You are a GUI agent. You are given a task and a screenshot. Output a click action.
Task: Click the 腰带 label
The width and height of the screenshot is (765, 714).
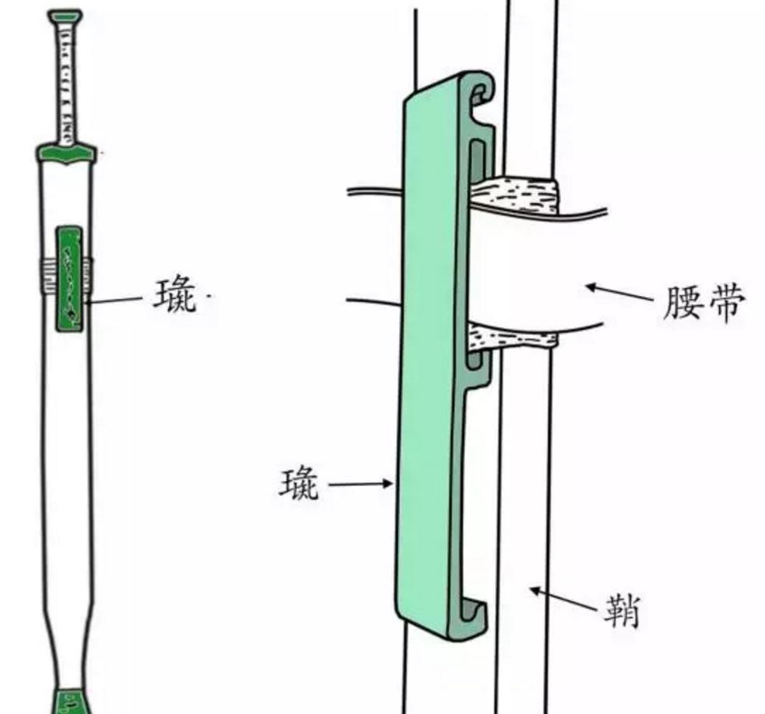click(704, 303)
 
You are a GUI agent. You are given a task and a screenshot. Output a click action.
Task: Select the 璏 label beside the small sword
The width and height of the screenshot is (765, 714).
click(174, 297)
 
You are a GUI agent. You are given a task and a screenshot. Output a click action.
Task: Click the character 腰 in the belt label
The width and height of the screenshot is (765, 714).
click(683, 303)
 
